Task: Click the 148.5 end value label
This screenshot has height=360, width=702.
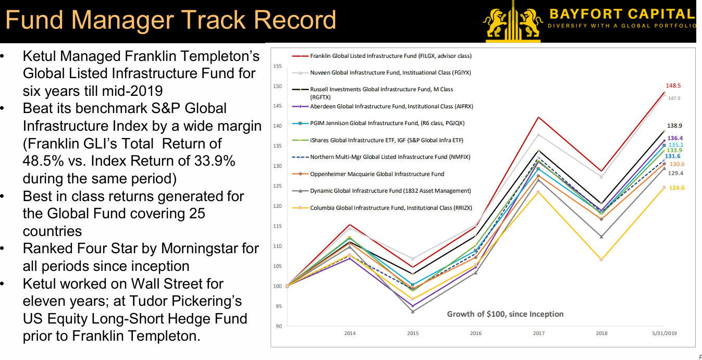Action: tap(673, 85)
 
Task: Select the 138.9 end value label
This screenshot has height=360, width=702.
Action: tap(674, 126)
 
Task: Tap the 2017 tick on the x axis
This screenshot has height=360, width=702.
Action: tap(538, 333)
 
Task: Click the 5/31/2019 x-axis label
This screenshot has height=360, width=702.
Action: tap(665, 333)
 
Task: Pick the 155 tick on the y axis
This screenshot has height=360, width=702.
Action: tap(277, 66)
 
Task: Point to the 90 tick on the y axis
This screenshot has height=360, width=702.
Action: tap(278, 326)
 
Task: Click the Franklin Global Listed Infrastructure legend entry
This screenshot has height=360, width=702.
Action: tap(390, 56)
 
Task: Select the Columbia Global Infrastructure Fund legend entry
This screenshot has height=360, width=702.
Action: tap(390, 208)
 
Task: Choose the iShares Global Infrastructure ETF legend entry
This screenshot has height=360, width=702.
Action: tap(386, 140)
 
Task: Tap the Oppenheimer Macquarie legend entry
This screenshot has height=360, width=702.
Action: tap(377, 174)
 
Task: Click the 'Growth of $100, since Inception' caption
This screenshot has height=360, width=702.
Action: tap(505, 314)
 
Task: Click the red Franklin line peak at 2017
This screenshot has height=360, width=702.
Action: tap(538, 117)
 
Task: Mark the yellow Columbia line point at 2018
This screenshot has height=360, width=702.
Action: tap(601, 259)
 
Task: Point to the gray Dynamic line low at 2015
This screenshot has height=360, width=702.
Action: tap(413, 312)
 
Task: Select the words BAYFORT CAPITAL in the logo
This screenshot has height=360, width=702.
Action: tap(622, 14)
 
